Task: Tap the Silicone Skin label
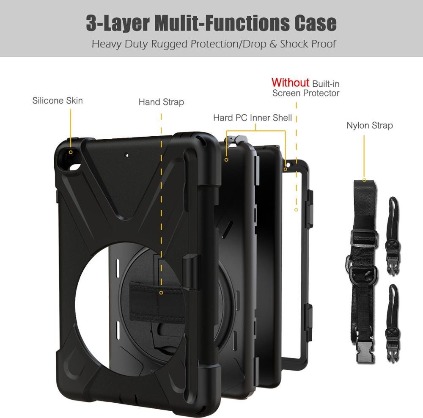pyautogui.click(x=58, y=100)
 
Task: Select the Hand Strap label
pyautogui.click(x=161, y=102)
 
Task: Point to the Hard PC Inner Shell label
pyautogui.click(x=252, y=118)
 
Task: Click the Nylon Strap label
pyautogui.click(x=369, y=125)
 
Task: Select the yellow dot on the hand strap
pyautogui.click(x=161, y=292)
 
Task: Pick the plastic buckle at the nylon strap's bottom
pyautogui.click(x=364, y=352)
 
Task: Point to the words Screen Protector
pyautogui.click(x=306, y=93)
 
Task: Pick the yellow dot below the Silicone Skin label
pyautogui.click(x=71, y=152)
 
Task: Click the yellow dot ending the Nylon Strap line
pyautogui.click(x=364, y=180)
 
